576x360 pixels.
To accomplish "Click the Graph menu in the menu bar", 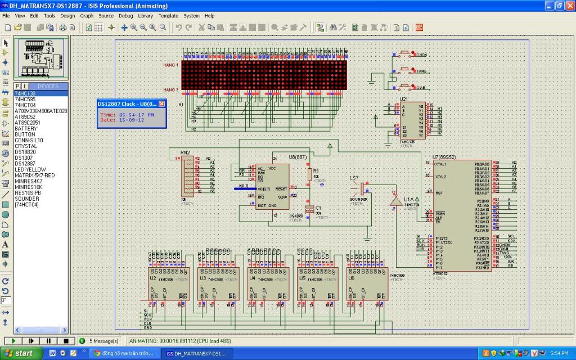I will [x=87, y=16].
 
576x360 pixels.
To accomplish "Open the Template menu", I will [x=168, y=16].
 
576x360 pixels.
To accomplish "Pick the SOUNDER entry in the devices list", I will [x=26, y=199].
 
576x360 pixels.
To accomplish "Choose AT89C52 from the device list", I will [x=25, y=117].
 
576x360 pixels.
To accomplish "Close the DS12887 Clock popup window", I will [x=161, y=104].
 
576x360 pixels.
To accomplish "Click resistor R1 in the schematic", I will [x=309, y=174].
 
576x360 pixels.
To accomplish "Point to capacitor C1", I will [x=309, y=209].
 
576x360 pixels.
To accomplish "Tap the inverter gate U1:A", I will [x=396, y=201].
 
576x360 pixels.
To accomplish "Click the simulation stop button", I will [x=66, y=341].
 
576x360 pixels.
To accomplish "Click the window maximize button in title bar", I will [x=560, y=6].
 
